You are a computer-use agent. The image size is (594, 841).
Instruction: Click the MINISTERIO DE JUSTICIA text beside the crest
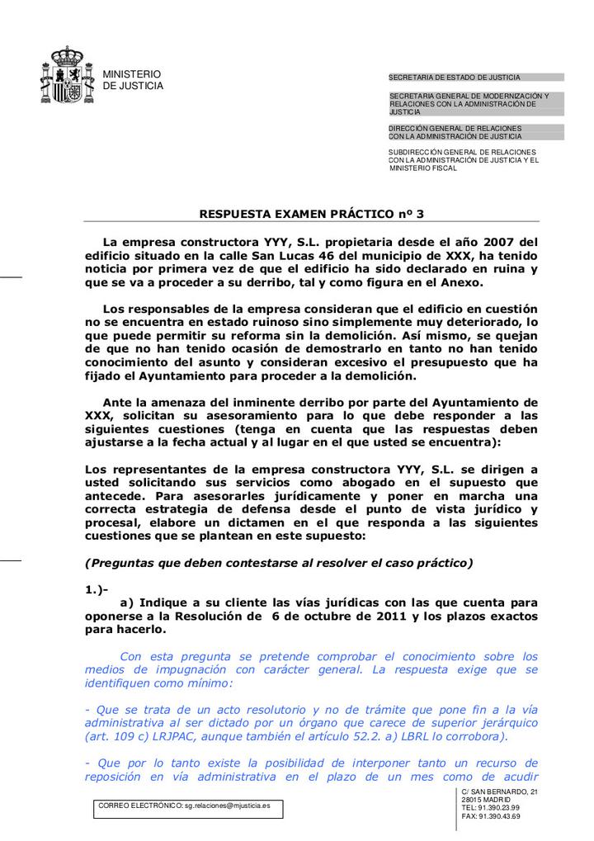click(132, 80)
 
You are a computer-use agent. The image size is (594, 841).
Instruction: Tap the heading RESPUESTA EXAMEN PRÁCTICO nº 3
click(312, 214)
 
